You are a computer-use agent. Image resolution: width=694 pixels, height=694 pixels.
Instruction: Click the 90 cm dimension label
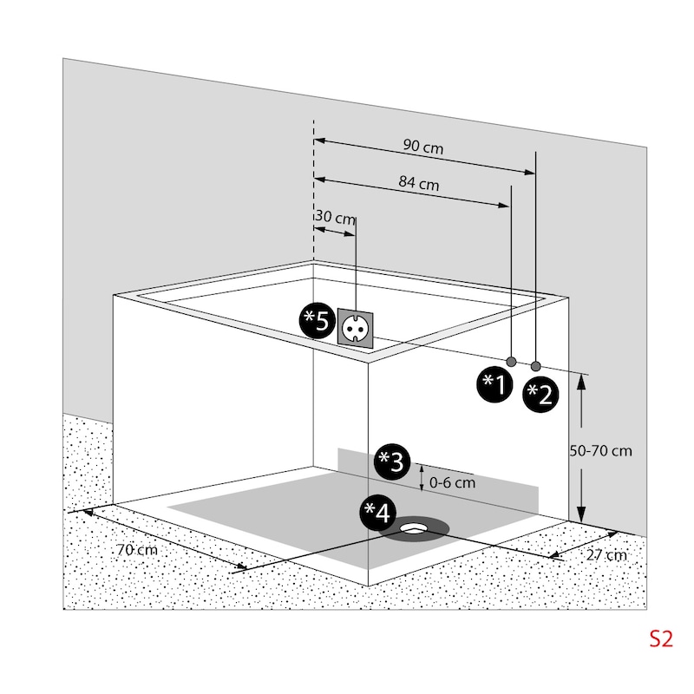[422, 147]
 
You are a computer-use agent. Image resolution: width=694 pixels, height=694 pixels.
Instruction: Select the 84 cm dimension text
[418, 184]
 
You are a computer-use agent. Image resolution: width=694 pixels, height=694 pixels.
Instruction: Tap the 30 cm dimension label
[335, 218]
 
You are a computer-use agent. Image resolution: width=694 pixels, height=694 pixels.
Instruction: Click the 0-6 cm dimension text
[453, 482]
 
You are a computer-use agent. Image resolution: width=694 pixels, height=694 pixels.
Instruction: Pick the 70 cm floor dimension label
[136, 550]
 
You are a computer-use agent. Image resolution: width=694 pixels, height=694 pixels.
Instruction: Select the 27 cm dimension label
[605, 555]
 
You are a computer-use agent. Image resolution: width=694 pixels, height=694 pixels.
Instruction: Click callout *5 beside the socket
[316, 322]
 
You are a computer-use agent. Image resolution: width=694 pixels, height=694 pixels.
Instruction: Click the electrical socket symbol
[356, 328]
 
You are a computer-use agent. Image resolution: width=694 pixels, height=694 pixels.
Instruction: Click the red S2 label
[661, 639]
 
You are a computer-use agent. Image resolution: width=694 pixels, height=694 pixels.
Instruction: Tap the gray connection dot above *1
[512, 361]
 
